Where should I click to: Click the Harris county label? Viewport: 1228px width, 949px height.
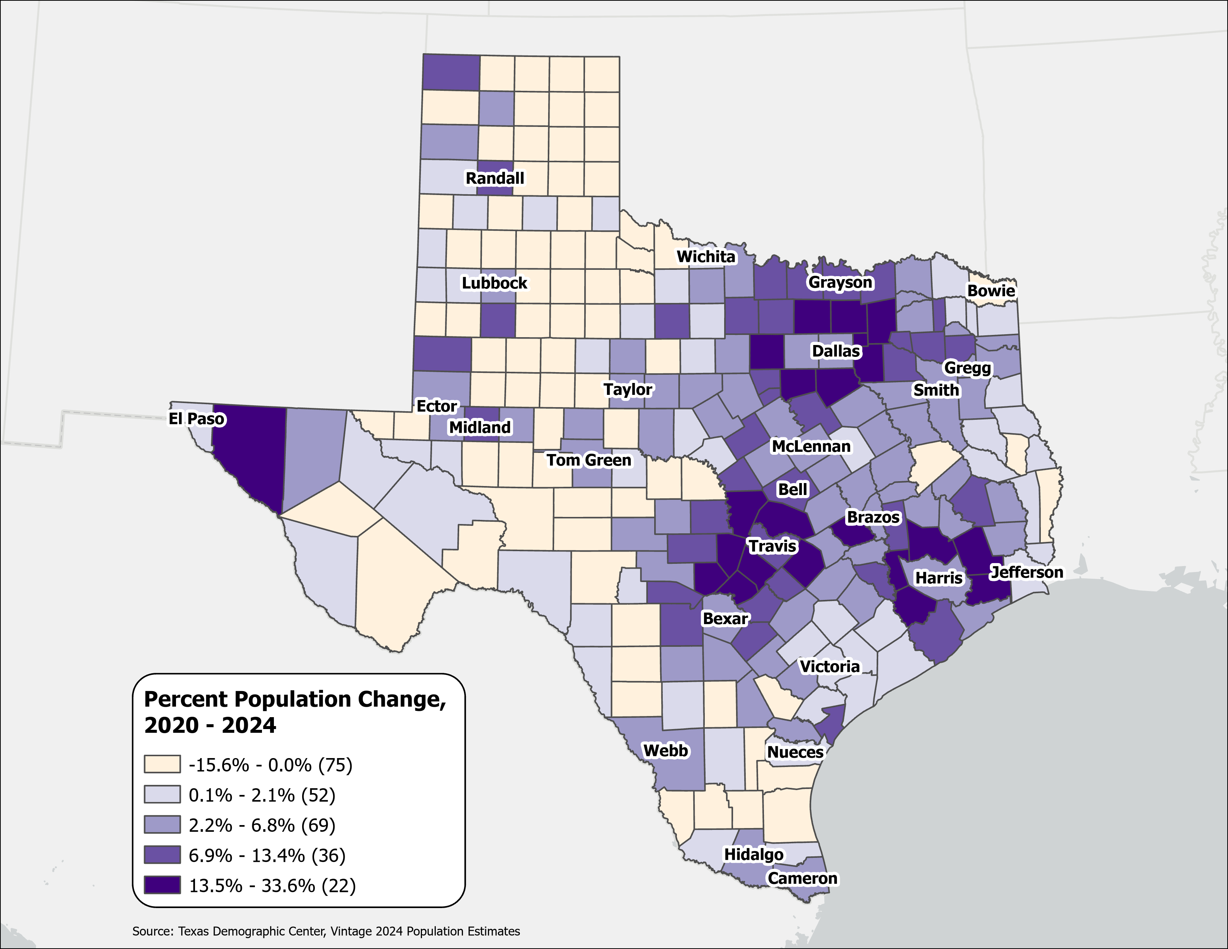click(938, 577)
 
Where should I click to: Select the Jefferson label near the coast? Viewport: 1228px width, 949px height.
click(1026, 572)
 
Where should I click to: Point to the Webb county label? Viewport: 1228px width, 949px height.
click(665, 751)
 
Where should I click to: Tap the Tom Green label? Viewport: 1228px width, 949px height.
click(589, 460)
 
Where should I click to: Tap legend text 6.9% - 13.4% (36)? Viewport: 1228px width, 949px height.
click(266, 856)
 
